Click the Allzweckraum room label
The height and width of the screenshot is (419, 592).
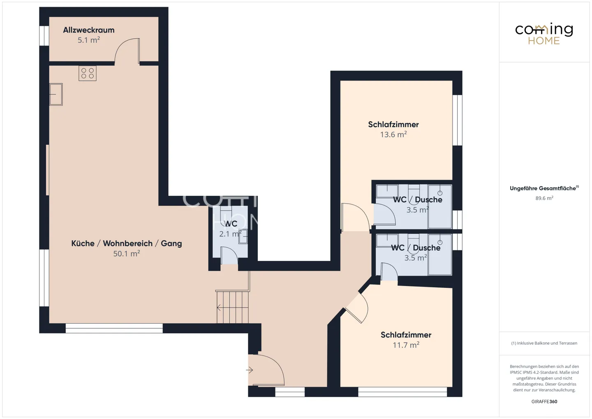(88, 30)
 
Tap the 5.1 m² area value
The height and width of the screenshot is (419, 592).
(88, 40)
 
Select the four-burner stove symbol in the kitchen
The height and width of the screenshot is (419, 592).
(88, 73)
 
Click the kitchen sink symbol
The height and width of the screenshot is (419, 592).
(56, 95)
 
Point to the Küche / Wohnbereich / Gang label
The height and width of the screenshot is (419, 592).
(127, 243)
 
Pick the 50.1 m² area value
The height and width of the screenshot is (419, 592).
(127, 254)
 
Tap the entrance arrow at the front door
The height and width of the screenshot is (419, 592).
(250, 370)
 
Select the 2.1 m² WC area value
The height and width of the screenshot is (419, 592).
(230, 234)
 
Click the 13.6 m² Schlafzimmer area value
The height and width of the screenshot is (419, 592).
(393, 134)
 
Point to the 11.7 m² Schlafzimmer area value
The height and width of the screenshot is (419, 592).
(406, 345)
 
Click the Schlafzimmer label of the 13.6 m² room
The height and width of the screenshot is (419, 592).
(393, 124)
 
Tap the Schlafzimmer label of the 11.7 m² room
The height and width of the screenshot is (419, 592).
(406, 335)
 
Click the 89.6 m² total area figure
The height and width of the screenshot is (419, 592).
(544, 198)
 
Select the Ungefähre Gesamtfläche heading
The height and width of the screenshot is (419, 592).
(544, 188)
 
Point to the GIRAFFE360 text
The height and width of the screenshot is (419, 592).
(544, 401)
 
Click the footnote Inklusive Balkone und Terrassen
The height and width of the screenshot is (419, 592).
(544, 343)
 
